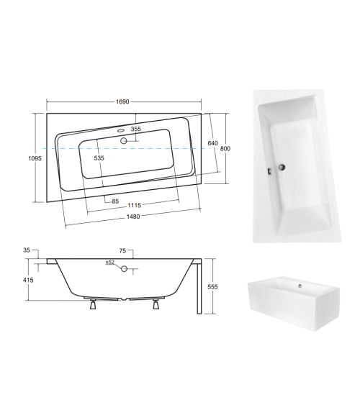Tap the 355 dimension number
(x=135, y=129)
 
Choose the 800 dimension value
(x=226, y=148)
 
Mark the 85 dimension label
(x=114, y=200)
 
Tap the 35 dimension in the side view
(x=27, y=251)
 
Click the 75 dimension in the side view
(x=122, y=251)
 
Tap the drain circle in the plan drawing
(x=124, y=140)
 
